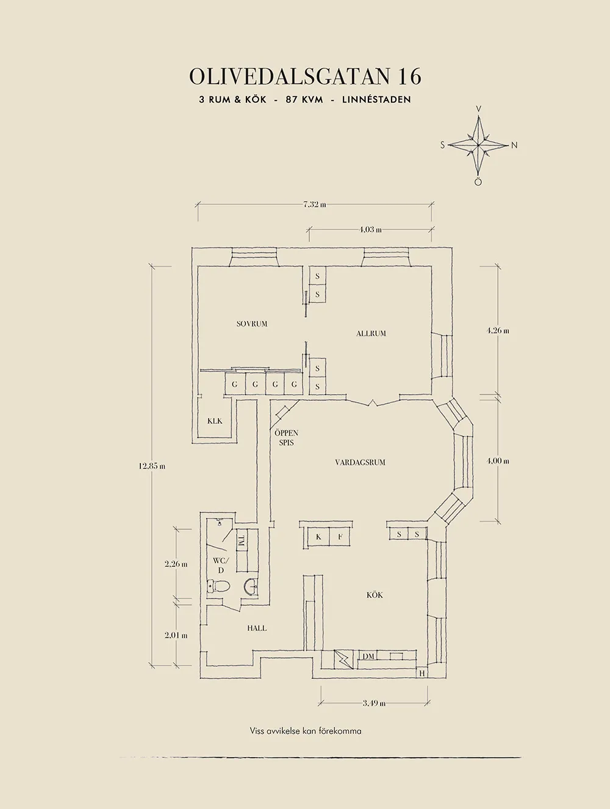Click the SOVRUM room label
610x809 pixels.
(x=251, y=324)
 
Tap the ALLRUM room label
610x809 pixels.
(x=371, y=334)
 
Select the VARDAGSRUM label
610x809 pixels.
(x=361, y=462)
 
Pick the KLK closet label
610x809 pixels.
(x=215, y=421)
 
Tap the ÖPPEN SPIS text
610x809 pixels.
(x=286, y=438)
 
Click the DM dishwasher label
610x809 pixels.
(x=368, y=666)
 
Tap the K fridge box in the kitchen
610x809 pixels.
(x=318, y=537)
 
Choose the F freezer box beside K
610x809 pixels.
(x=340, y=537)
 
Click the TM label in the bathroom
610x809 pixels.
(x=242, y=541)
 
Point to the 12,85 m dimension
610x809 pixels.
(x=152, y=466)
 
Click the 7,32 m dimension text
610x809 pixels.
(x=315, y=205)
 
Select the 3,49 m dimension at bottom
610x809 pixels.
(x=374, y=703)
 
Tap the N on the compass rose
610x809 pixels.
(x=514, y=146)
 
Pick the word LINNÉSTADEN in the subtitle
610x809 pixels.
(x=376, y=100)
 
